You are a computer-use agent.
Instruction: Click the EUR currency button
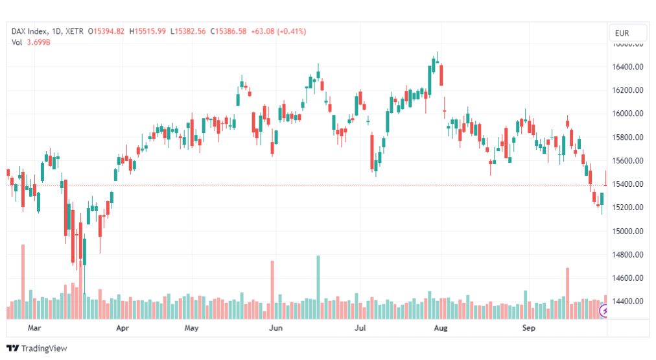coord(627,33)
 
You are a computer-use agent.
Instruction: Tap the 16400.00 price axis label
coord(627,67)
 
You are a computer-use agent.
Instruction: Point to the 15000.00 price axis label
coord(627,231)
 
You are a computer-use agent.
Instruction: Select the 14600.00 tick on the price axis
coord(627,278)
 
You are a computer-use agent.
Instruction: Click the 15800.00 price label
coord(627,138)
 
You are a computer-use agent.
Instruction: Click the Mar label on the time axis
coord(34,328)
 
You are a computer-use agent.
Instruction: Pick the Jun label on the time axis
coord(275,328)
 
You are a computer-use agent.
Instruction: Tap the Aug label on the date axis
coord(441,328)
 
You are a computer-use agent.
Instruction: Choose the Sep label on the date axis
coord(529,328)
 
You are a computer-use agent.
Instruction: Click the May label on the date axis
coord(191,328)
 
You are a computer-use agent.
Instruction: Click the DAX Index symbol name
coord(31,31)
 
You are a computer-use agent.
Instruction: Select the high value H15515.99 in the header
coord(148,31)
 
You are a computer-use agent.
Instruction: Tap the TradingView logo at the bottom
coord(37,348)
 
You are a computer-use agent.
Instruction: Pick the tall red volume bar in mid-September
coord(567,293)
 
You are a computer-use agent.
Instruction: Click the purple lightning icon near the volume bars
coord(604,312)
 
